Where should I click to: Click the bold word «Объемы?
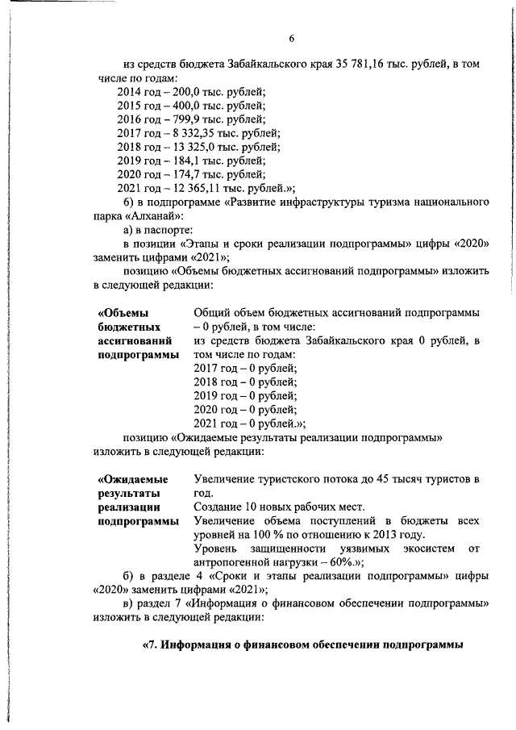124,312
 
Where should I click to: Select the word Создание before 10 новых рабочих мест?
218,507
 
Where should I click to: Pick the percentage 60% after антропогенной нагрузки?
326,562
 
